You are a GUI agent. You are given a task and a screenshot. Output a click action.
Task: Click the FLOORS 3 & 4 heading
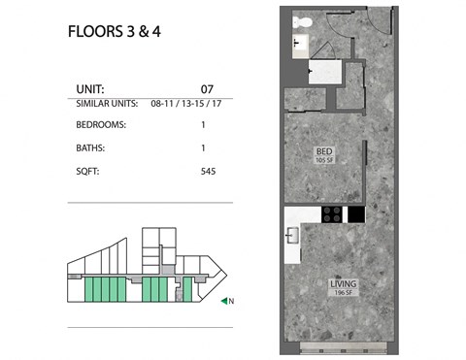pyautogui.click(x=113, y=30)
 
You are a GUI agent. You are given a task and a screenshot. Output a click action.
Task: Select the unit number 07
pyautogui.click(x=206, y=86)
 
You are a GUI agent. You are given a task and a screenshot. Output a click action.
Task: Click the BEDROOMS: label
pyautogui.click(x=100, y=125)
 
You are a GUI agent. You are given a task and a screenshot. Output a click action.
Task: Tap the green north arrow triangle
pyautogui.click(x=224, y=301)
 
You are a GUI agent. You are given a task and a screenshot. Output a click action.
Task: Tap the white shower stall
pyautogui.click(x=322, y=71)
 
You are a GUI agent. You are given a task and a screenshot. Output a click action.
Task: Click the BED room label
pyautogui.click(x=325, y=152)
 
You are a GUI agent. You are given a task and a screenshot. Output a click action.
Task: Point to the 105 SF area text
pyautogui.click(x=325, y=161)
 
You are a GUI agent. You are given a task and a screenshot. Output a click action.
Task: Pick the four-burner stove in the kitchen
pyautogui.click(x=331, y=214)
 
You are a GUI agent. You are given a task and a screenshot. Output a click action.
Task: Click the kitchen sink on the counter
pyautogui.click(x=290, y=234)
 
